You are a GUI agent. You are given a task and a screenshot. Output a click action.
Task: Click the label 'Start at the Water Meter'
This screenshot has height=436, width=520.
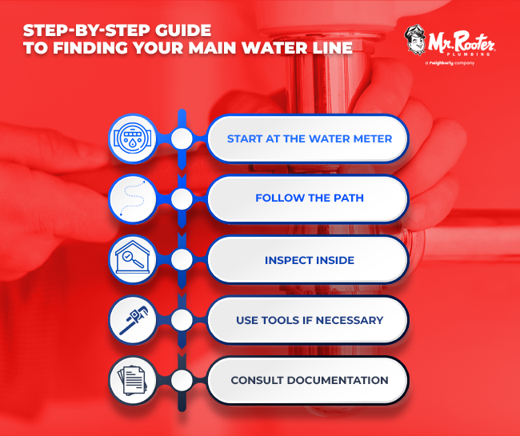(x=309, y=138)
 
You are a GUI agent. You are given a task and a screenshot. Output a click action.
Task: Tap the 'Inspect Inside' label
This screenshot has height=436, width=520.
(x=309, y=259)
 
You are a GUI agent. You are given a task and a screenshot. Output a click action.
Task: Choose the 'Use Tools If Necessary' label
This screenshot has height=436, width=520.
(x=309, y=320)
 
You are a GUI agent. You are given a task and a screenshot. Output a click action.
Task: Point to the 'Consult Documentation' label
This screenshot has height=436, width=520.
(x=309, y=380)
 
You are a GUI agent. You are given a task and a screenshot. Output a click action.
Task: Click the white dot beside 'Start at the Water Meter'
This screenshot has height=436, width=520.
(x=182, y=138)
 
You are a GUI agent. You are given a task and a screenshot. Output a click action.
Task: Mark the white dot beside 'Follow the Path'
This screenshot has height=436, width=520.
(x=182, y=198)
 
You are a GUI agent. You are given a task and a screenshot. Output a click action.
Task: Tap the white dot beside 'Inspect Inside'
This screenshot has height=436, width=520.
(x=182, y=259)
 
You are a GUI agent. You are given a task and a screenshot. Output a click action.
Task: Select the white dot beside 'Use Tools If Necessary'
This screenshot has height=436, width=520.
(x=182, y=320)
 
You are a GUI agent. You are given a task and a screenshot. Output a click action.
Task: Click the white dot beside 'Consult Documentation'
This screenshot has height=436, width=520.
(x=182, y=380)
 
